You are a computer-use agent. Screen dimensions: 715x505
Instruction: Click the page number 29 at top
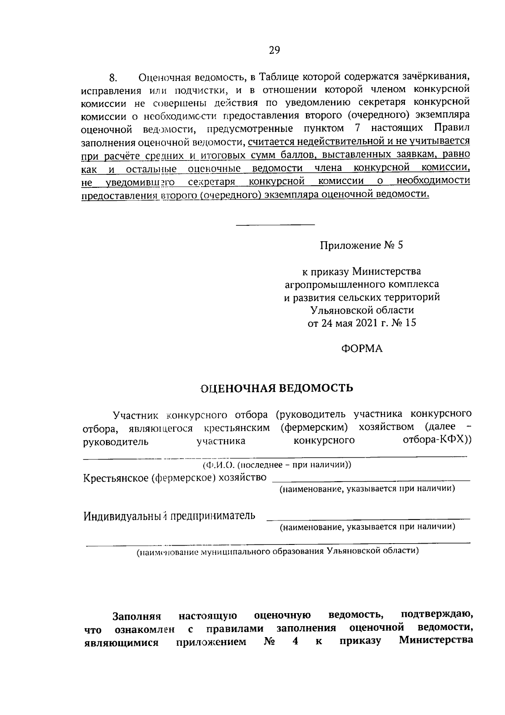click(274, 51)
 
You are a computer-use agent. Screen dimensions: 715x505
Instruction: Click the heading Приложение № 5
click(361, 245)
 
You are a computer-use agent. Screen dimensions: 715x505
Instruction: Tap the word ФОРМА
click(361, 349)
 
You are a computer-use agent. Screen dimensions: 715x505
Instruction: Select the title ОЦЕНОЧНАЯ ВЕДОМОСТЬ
click(276, 388)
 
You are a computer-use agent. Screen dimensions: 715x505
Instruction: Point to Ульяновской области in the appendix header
click(361, 310)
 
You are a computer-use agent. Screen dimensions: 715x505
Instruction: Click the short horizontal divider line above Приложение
click(275, 224)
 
